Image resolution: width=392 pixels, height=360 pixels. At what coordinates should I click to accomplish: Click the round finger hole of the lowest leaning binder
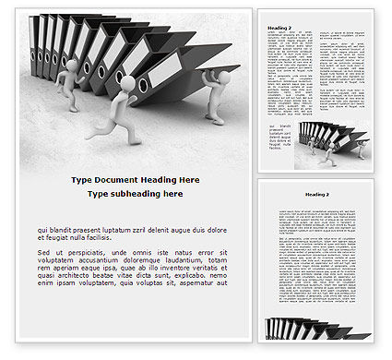142,85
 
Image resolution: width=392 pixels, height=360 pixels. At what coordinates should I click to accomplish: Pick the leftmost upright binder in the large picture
39,42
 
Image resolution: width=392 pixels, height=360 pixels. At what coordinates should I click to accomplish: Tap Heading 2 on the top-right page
280,28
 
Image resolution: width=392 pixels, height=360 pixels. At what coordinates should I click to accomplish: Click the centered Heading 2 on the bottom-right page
317,195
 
